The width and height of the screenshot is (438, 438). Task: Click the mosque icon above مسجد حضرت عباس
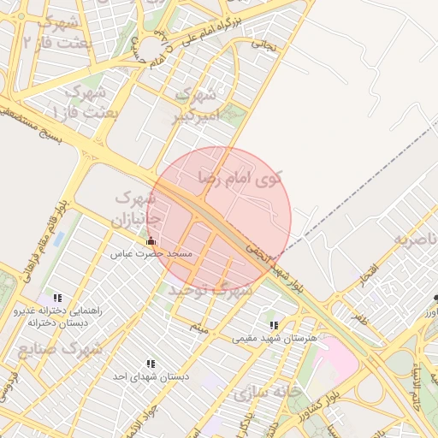pyautogui.click(x=151, y=241)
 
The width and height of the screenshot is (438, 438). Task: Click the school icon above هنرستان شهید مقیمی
pyautogui.click(x=274, y=326)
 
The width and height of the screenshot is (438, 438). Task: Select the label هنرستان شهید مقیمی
pyautogui.click(x=275, y=339)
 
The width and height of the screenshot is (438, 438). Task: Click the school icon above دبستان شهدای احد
pyautogui.click(x=151, y=364)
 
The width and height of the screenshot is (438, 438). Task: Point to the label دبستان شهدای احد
pyautogui.click(x=151, y=376)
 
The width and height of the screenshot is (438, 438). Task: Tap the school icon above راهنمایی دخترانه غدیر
pyautogui.click(x=57, y=298)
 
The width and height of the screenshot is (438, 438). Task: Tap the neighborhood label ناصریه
pyautogui.click(x=415, y=240)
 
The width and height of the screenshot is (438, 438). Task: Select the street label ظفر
pyautogui.click(x=357, y=319)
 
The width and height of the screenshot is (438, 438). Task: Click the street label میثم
pyautogui.click(x=199, y=328)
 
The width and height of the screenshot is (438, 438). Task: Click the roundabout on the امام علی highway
pyautogui.click(x=154, y=47)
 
